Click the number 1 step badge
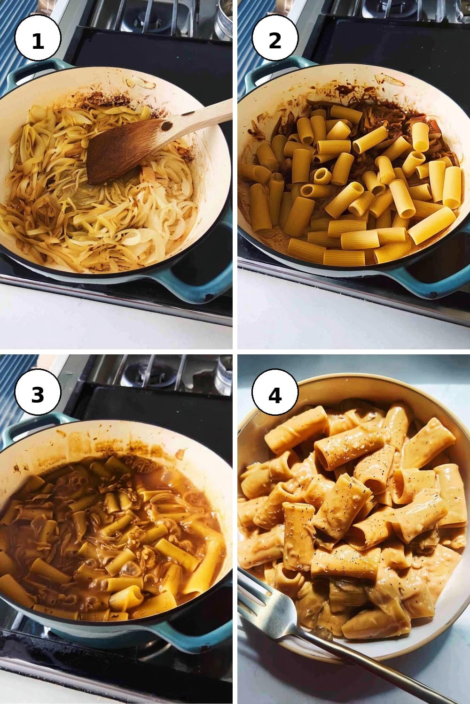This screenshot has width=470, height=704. coord(38,38)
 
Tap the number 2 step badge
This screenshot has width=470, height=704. coord(275,38)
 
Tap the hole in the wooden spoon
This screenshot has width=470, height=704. coord(166,126)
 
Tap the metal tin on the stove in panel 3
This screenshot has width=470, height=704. coord(224,375)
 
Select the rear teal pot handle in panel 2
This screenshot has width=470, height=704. coord(274,71)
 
